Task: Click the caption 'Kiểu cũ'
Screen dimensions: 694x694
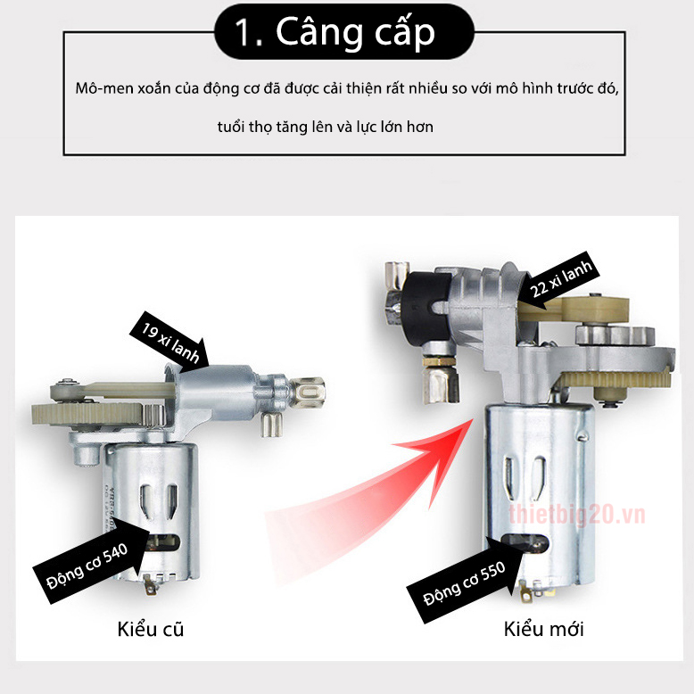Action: point(151,629)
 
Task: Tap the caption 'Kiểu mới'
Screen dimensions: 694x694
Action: point(543,629)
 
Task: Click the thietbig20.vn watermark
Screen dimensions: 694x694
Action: point(576,515)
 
